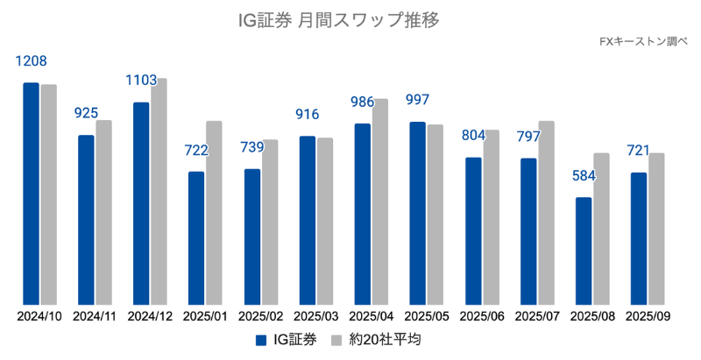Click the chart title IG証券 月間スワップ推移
(350, 18)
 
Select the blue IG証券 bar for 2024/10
(32, 193)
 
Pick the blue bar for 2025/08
(584, 251)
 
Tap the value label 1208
(32, 61)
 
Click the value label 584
(584, 176)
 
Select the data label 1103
(141, 81)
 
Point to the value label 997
(417, 100)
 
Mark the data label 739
(252, 147)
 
